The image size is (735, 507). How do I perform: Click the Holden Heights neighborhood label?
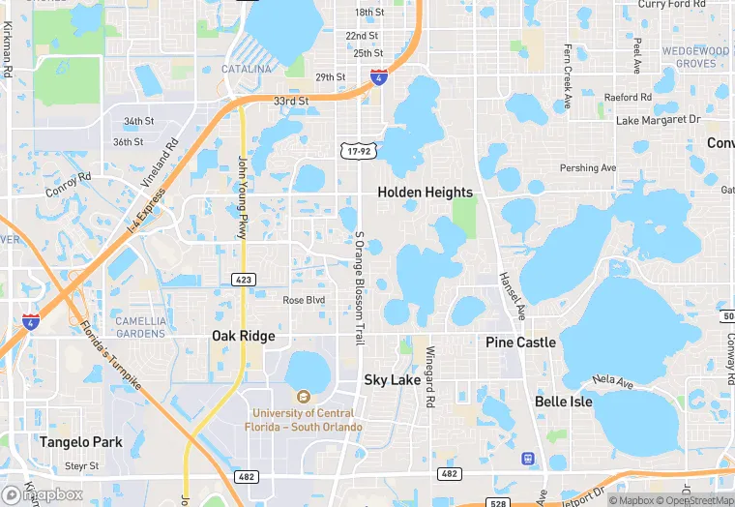click(425, 193)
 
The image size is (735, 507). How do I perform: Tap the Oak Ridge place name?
click(244, 337)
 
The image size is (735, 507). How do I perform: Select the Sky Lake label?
click(392, 380)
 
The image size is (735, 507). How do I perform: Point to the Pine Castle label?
click(520, 343)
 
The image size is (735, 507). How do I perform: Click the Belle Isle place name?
click(563, 402)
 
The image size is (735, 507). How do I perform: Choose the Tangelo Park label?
click(81, 442)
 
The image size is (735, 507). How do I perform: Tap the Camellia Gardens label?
click(140, 327)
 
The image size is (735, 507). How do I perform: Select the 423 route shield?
click(244, 280)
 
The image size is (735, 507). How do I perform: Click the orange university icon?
click(303, 396)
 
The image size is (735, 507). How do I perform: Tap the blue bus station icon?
click(527, 458)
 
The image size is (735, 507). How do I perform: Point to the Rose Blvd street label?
click(304, 301)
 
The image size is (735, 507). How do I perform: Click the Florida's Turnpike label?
click(110, 355)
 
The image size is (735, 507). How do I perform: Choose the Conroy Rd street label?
click(68, 185)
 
